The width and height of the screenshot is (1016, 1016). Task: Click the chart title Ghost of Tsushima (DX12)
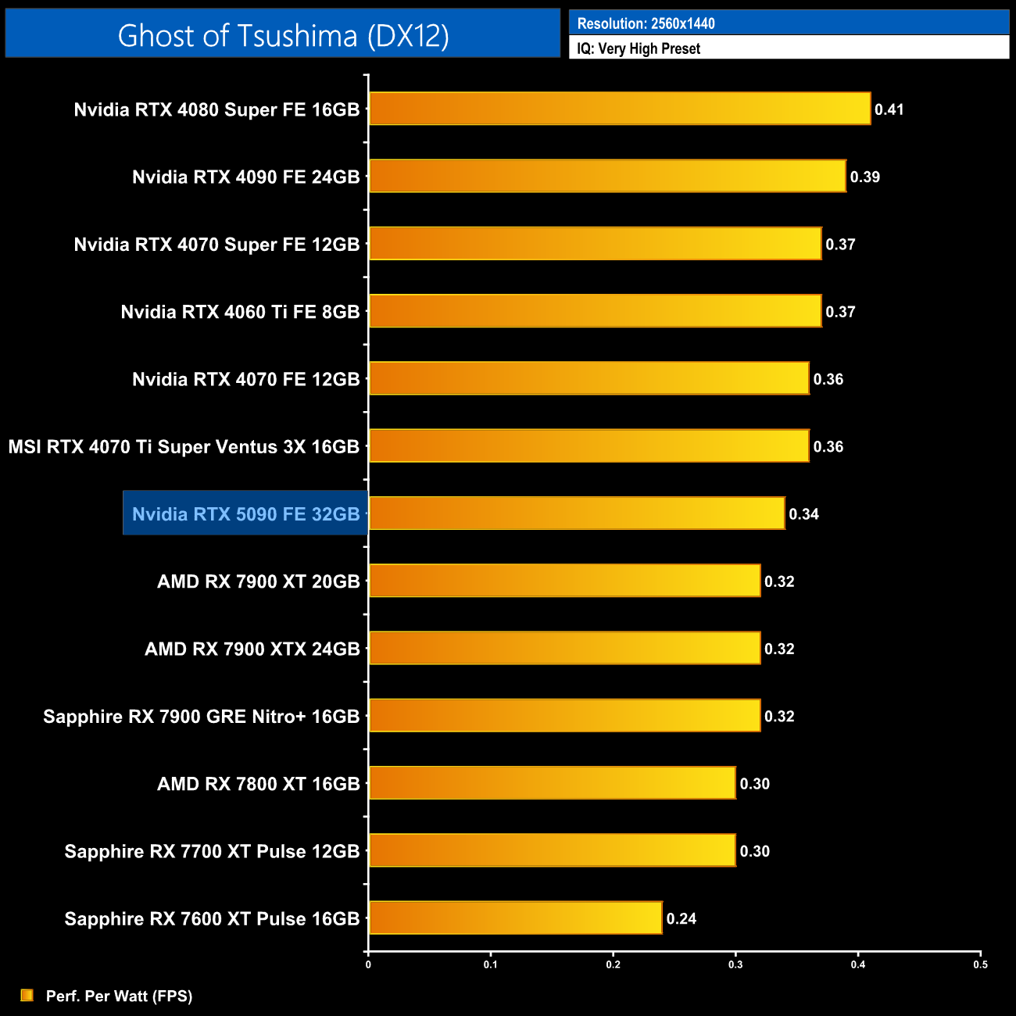click(283, 35)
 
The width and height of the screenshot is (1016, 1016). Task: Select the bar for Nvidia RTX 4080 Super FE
click(619, 109)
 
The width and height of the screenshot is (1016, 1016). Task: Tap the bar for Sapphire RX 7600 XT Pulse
click(515, 918)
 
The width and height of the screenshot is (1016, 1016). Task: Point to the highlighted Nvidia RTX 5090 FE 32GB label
click(245, 513)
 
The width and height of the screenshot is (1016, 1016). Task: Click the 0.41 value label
click(889, 109)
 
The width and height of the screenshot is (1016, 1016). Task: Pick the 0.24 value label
click(681, 918)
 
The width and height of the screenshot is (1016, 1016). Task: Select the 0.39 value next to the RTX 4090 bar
click(864, 177)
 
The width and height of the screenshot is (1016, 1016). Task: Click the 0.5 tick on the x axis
click(980, 964)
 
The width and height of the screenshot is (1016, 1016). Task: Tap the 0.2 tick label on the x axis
click(613, 964)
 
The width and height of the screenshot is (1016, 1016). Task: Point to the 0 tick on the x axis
click(368, 964)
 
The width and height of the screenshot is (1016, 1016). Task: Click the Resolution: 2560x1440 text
click(646, 23)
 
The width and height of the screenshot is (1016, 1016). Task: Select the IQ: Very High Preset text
click(639, 48)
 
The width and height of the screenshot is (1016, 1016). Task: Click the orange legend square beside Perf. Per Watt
click(27, 995)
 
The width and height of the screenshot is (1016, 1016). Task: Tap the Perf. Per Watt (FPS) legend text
click(119, 996)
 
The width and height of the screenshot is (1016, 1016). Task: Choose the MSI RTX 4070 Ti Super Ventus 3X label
click(184, 446)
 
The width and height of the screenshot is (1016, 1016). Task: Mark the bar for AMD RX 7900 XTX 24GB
click(564, 648)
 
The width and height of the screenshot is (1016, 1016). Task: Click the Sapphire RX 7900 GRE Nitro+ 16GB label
click(201, 716)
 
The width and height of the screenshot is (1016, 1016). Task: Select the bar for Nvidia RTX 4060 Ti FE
click(595, 311)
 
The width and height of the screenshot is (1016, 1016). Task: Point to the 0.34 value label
click(803, 513)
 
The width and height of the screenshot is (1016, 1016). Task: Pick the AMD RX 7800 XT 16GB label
click(258, 783)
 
